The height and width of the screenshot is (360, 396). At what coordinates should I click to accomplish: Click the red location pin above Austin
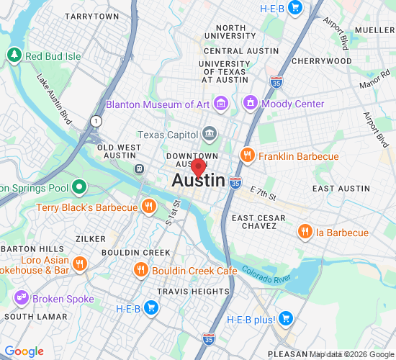click(x=199, y=168)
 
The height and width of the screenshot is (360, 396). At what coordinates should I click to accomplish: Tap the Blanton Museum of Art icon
click(x=221, y=104)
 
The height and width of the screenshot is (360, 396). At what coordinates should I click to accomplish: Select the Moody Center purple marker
click(x=251, y=104)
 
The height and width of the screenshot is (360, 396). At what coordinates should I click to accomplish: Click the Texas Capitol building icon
click(x=209, y=133)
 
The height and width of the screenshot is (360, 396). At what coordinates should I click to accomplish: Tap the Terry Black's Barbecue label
click(x=86, y=207)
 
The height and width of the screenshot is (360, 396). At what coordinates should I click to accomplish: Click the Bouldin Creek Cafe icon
click(x=141, y=270)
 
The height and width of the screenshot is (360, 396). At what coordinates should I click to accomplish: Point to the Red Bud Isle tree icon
click(x=14, y=55)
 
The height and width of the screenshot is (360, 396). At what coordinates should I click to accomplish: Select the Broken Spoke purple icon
click(x=20, y=297)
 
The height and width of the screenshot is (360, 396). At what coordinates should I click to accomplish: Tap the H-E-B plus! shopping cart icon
click(x=286, y=318)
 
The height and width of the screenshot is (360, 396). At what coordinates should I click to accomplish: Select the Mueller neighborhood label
click(x=374, y=30)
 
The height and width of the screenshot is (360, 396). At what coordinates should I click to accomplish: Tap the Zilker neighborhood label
click(x=91, y=238)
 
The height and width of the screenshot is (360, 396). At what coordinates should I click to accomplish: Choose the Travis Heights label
click(x=194, y=292)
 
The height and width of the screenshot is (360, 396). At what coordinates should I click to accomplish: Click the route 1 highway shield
click(x=95, y=120)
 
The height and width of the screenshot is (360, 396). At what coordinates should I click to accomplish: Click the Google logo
click(x=24, y=351)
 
